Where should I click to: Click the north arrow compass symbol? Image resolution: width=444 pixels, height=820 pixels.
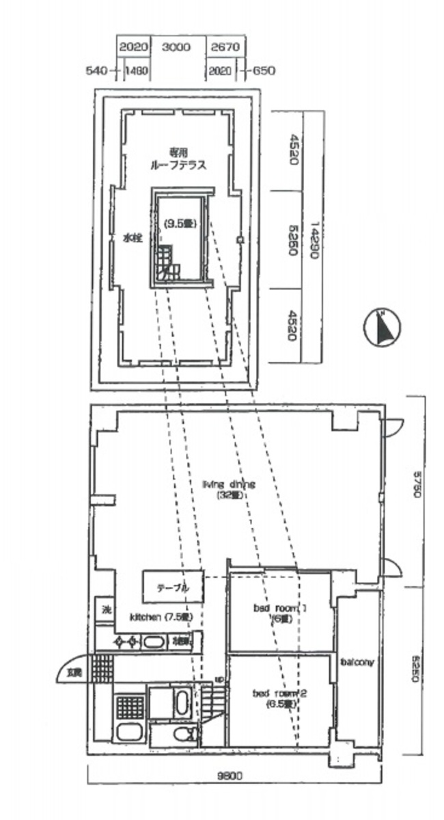tap(382, 327)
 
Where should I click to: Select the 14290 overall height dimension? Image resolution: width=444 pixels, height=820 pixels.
tap(313, 237)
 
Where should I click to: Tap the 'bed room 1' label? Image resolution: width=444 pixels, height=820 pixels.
tap(273, 612)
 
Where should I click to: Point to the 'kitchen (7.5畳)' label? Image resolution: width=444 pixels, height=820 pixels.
tap(162, 616)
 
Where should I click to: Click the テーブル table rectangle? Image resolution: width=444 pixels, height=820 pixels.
tap(173, 587)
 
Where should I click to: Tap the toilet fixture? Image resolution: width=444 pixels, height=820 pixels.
tap(183, 735)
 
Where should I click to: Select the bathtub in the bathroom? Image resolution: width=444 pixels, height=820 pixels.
tap(182, 703)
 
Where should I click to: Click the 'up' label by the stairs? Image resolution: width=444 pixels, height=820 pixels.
tap(219, 679)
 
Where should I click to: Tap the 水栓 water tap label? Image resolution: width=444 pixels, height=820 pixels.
tap(131, 239)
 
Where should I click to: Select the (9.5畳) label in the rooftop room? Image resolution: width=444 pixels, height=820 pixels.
tap(180, 222)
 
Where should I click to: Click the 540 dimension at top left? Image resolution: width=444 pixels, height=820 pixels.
tap(98, 70)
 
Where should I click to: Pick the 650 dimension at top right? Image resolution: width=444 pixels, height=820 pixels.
tap(263, 70)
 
